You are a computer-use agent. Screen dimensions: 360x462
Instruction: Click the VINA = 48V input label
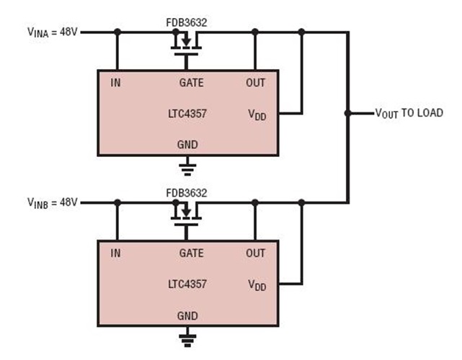click(x=52, y=32)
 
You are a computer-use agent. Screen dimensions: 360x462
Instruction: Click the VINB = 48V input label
click(x=52, y=202)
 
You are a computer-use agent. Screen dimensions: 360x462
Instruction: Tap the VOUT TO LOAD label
click(x=409, y=113)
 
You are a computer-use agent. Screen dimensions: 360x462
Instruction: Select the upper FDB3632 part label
click(x=187, y=22)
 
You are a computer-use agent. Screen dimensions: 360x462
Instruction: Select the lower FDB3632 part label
click(x=187, y=193)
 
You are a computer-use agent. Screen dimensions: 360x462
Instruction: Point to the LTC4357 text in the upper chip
click(x=187, y=114)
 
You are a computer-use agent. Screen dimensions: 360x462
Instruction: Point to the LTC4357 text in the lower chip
click(x=187, y=284)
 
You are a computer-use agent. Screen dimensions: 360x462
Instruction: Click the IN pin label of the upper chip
click(x=115, y=83)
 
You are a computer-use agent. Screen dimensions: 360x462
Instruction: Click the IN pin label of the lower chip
click(x=115, y=253)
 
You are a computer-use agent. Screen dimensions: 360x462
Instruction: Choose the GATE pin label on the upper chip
click(x=191, y=83)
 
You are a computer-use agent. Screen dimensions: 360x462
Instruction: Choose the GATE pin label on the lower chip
click(x=191, y=253)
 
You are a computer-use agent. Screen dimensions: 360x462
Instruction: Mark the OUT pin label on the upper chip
click(x=255, y=83)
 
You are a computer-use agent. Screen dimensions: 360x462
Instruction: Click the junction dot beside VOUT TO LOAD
click(x=349, y=113)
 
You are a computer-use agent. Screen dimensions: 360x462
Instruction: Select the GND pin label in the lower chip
click(x=187, y=315)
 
